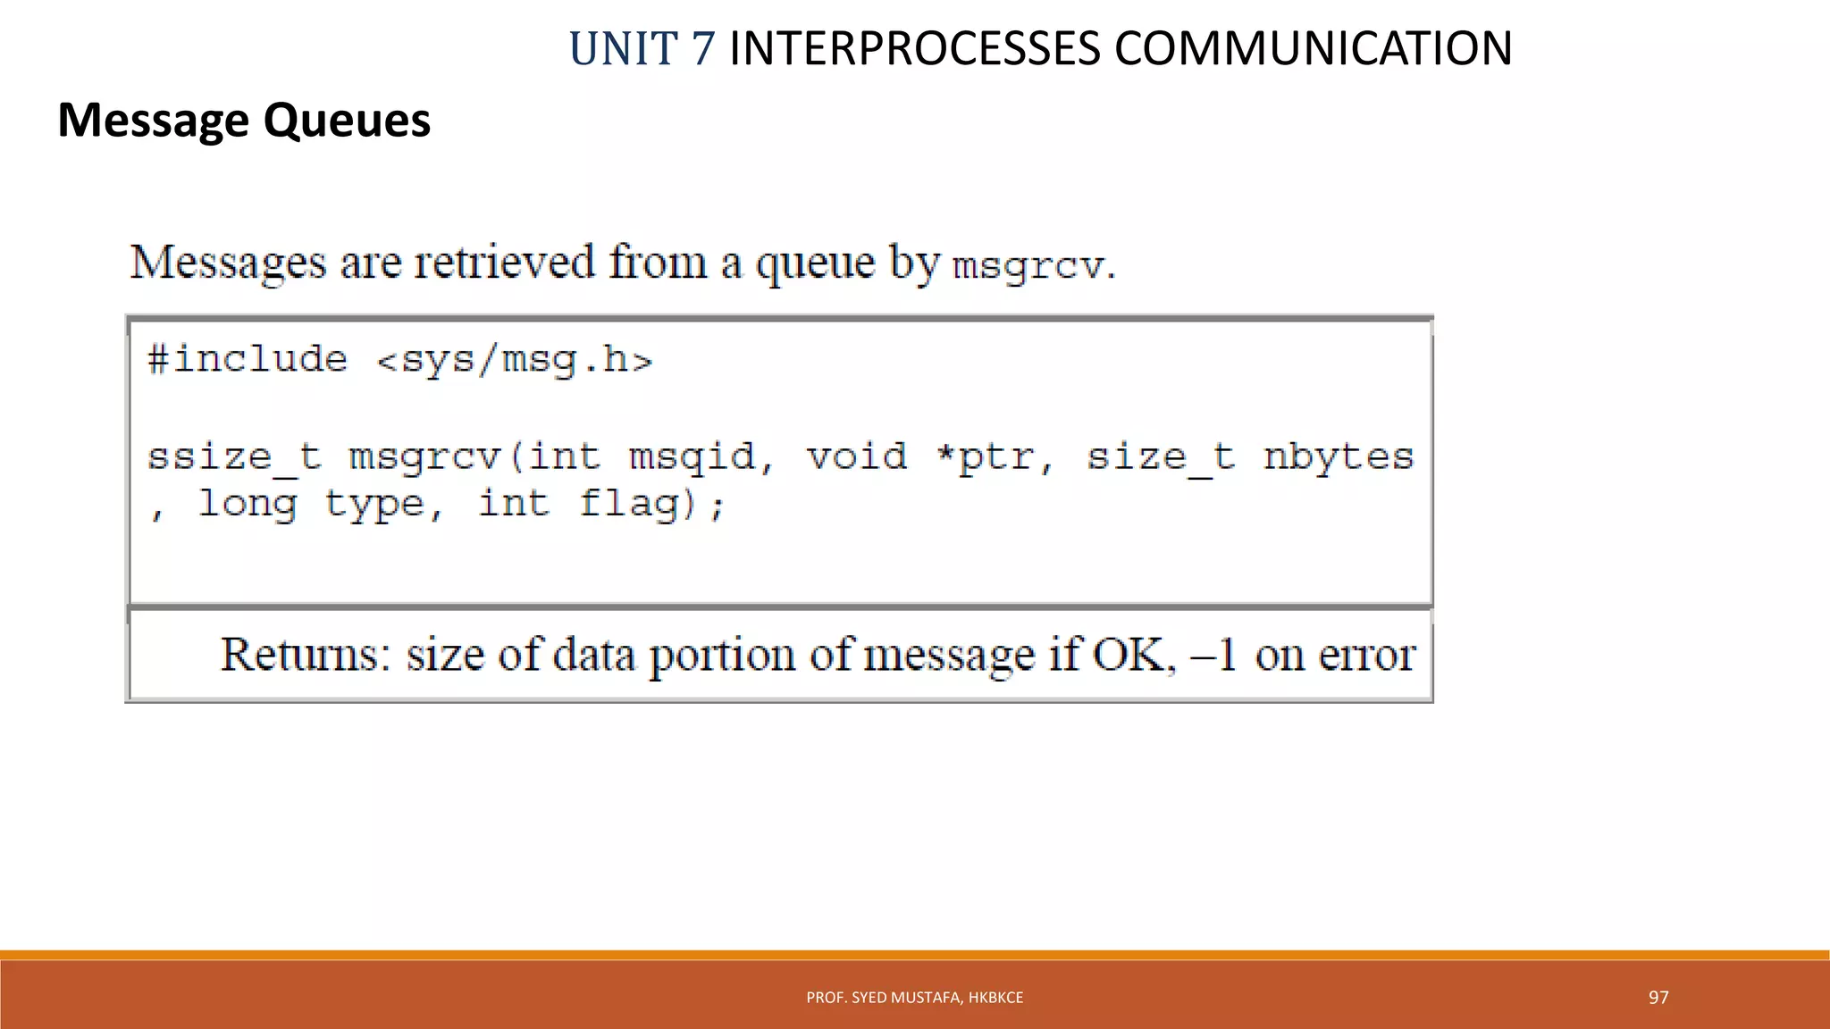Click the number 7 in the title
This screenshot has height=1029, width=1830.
(x=702, y=49)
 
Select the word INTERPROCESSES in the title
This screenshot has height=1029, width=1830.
(x=914, y=49)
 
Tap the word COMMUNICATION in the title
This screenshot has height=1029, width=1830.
(x=1313, y=49)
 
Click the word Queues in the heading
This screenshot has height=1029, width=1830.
(x=347, y=121)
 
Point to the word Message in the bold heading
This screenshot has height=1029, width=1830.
(x=153, y=121)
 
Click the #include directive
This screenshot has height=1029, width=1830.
(x=248, y=360)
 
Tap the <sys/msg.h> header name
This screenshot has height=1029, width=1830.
(x=515, y=361)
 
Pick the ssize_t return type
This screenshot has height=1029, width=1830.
(x=234, y=457)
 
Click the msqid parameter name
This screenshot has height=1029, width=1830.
(x=693, y=457)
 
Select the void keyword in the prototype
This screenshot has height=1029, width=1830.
(x=856, y=457)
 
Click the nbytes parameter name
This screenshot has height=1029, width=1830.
(x=1339, y=457)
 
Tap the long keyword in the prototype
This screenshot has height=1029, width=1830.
(x=248, y=505)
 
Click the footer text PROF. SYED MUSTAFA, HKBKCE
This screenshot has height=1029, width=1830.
(x=914, y=998)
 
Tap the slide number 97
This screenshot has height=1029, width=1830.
(x=1658, y=998)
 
